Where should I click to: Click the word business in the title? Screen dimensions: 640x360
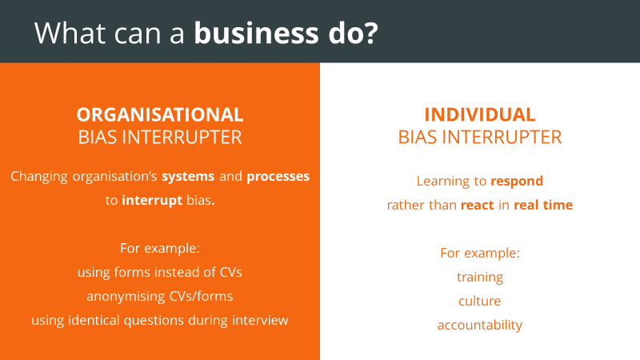click(x=256, y=33)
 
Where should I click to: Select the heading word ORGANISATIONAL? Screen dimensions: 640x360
click(x=160, y=114)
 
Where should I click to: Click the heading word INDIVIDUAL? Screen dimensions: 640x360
click(x=480, y=114)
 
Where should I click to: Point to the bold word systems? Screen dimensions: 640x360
click(x=188, y=177)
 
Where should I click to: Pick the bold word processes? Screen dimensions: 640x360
click(x=278, y=177)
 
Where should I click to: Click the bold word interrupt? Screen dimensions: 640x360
click(x=152, y=201)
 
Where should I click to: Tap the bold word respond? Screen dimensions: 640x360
click(x=517, y=182)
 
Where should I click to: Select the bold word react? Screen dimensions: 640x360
click(x=477, y=205)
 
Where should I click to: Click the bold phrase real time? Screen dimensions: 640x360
click(x=543, y=205)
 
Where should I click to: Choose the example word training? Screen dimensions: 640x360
click(x=480, y=278)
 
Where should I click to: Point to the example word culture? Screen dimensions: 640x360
click(x=479, y=302)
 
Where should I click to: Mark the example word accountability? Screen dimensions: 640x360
click(x=480, y=326)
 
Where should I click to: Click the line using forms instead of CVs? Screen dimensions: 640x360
click(x=160, y=272)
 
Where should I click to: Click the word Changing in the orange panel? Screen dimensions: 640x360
click(x=39, y=177)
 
